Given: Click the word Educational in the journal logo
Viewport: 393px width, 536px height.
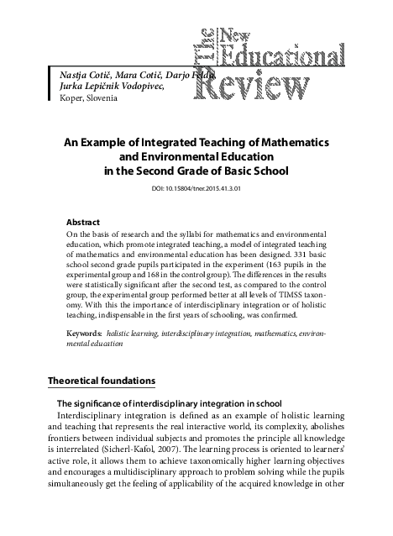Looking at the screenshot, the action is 276,55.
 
